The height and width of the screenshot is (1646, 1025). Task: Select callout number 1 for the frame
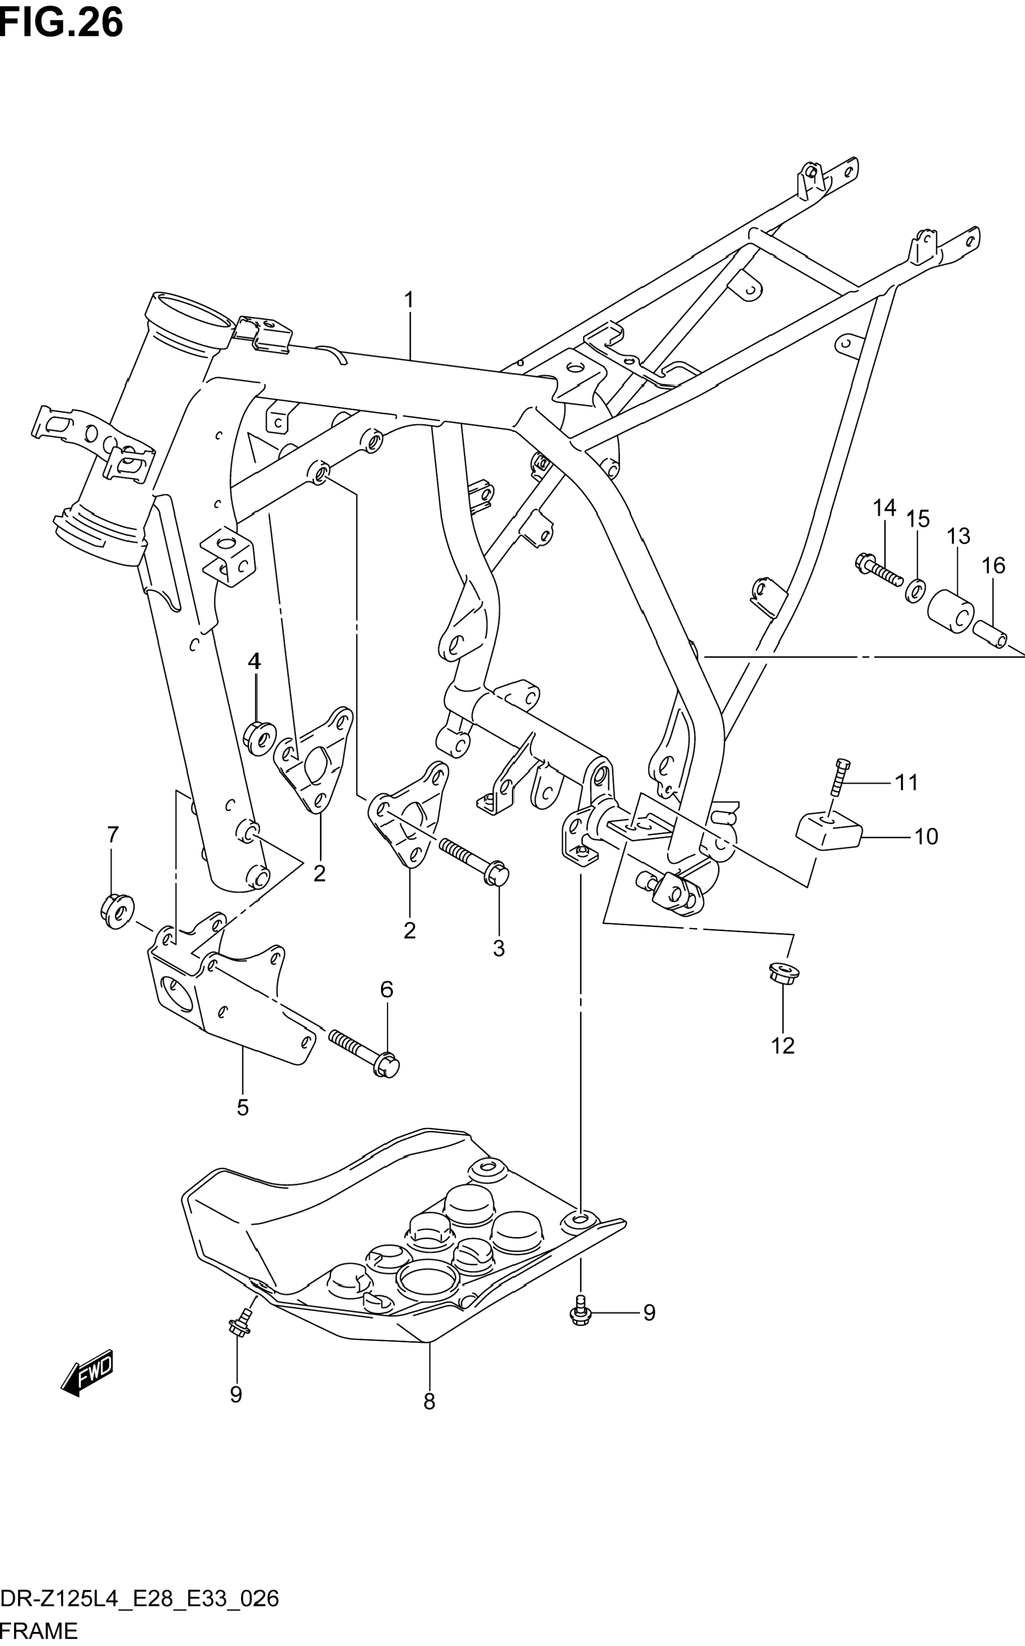(409, 299)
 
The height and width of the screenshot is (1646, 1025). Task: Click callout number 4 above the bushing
(254, 661)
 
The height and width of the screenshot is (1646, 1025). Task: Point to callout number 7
(113, 834)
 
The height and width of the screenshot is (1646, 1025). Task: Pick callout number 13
(959, 537)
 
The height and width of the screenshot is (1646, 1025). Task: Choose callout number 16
(994, 565)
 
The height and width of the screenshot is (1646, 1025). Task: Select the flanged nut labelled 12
(784, 974)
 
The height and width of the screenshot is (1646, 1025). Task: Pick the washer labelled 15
(914, 590)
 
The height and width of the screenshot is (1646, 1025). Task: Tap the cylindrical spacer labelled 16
(991, 636)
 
